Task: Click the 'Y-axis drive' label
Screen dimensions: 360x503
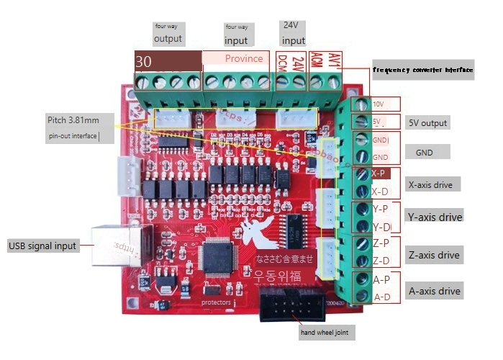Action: pos(435,217)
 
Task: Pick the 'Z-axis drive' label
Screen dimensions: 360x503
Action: pos(434,255)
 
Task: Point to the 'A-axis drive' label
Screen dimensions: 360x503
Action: pos(434,291)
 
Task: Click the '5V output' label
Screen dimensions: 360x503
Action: pos(427,123)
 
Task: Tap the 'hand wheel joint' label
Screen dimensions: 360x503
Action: pos(324,333)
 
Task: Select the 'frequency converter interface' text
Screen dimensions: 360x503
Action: pos(422,70)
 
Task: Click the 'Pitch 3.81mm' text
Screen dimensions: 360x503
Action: pos(73,120)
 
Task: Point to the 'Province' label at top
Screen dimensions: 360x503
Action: pos(244,58)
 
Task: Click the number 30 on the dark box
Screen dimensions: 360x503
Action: pos(144,62)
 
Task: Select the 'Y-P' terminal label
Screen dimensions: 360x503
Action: pos(381,209)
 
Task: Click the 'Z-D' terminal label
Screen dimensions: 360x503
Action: pos(381,261)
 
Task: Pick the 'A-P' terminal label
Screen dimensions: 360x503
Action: pos(381,279)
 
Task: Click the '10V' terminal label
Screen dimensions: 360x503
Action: pos(379,104)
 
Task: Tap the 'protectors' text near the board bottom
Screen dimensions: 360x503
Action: pos(216,303)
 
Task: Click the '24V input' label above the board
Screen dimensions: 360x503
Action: pos(294,33)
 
